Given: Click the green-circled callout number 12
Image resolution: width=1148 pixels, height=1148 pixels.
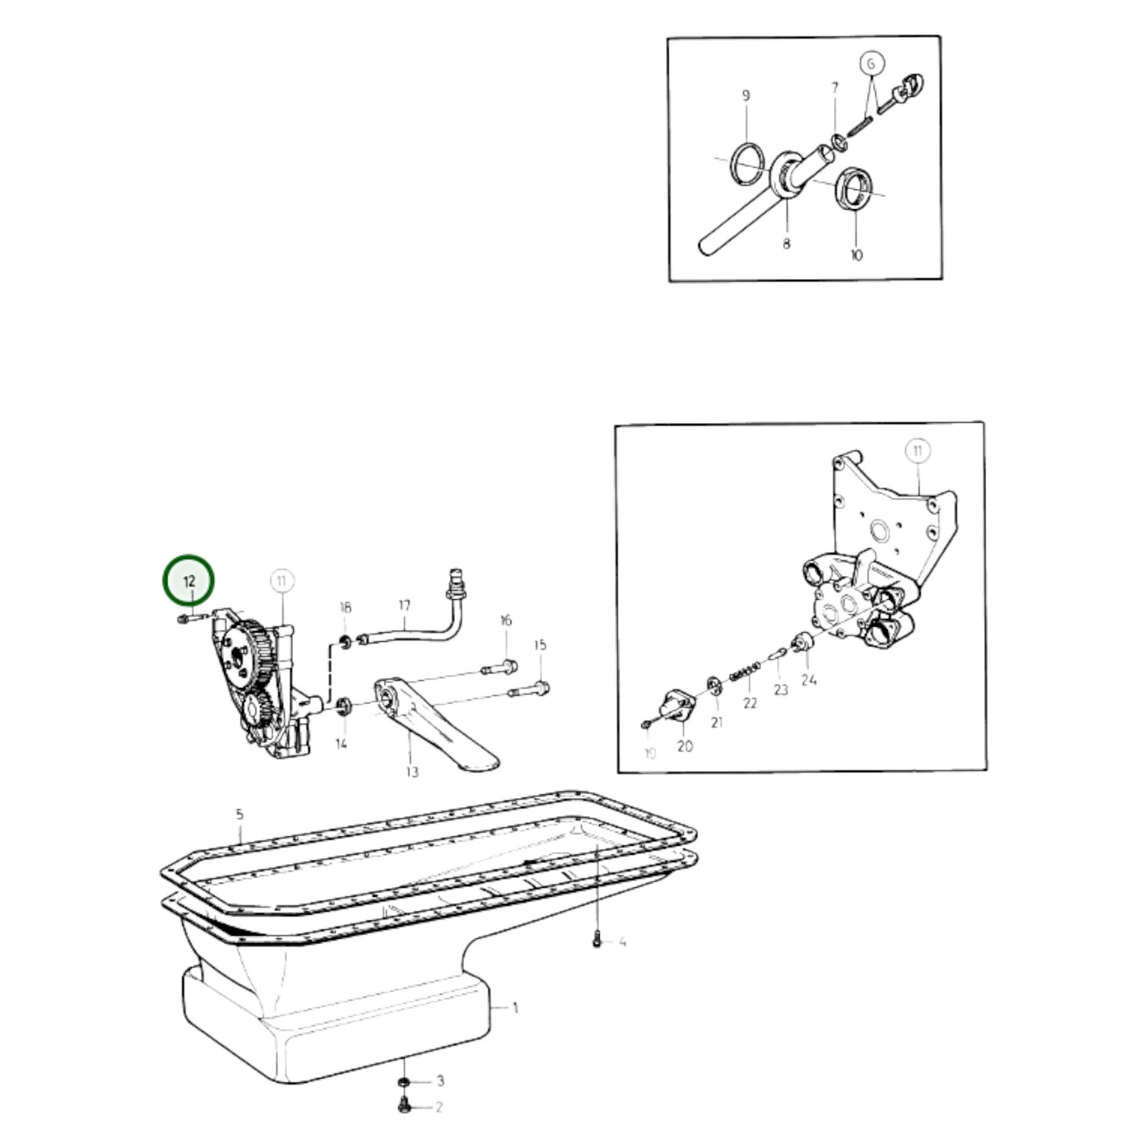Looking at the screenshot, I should click(x=189, y=581).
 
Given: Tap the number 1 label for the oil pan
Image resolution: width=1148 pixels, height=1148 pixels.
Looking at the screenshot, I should click(x=515, y=1007).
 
